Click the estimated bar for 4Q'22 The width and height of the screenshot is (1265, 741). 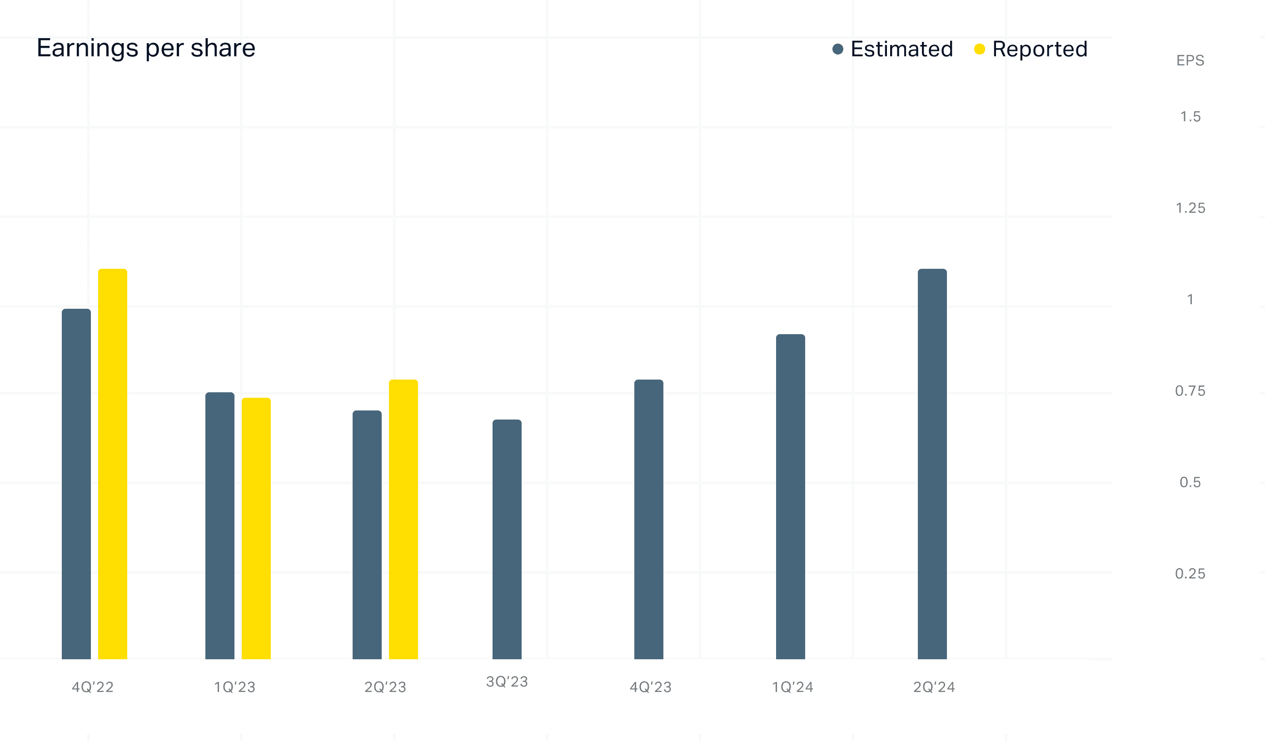point(76,484)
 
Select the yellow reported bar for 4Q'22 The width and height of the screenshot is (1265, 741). point(112,464)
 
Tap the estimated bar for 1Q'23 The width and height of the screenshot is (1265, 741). point(220,525)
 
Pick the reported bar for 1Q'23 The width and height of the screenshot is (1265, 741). point(256,529)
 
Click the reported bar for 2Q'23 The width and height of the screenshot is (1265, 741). point(403,519)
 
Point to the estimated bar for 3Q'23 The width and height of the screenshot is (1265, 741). point(507,539)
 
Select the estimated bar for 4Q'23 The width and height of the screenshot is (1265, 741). point(648,519)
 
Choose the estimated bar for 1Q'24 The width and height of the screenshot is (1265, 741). point(791,497)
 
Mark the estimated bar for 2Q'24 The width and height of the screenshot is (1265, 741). point(932,464)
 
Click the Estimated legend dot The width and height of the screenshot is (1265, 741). point(838,49)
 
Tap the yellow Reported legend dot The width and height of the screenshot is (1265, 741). point(979,49)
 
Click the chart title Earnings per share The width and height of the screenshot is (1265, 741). point(146,49)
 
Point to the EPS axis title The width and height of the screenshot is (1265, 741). point(1190,61)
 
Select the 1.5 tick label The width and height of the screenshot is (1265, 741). point(1190,117)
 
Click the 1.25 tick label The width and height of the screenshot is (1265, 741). point(1190,208)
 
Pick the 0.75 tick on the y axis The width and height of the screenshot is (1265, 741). point(1190,391)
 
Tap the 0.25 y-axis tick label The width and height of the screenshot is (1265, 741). point(1190,573)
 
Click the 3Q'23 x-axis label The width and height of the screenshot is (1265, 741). point(507,682)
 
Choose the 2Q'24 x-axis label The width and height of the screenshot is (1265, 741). point(934,687)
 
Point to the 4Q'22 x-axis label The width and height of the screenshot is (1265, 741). point(93,687)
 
